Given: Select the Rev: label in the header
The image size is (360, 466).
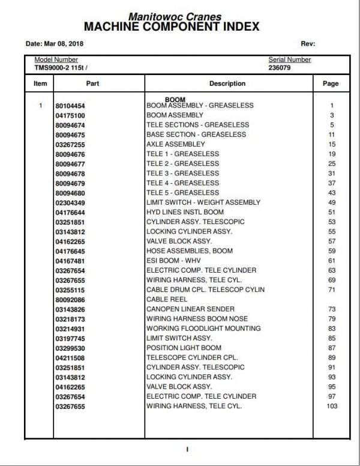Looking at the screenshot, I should click(308, 44).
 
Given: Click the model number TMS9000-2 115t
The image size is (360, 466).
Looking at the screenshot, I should click(61, 68).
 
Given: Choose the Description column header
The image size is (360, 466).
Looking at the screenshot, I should click(227, 83).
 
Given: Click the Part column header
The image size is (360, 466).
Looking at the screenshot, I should click(92, 83).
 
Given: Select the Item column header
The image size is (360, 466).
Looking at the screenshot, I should click(40, 83).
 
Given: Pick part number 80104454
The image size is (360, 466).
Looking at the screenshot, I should click(70, 106).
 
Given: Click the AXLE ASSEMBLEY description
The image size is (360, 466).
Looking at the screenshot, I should click(175, 144).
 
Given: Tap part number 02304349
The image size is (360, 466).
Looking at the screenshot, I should click(70, 202).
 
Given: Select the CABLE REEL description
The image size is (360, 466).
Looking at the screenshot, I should click(167, 300).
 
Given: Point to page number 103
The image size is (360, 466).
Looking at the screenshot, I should click(331, 407).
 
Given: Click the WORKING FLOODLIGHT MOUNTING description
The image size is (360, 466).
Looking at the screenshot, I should click(203, 328).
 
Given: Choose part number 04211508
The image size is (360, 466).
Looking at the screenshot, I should click(70, 358).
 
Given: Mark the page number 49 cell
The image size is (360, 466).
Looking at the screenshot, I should click(331, 202).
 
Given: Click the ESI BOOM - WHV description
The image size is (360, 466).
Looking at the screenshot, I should click(175, 261).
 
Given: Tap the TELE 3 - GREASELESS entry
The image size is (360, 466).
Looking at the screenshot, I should click(182, 174).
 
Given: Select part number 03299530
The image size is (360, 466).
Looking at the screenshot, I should click(70, 348).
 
